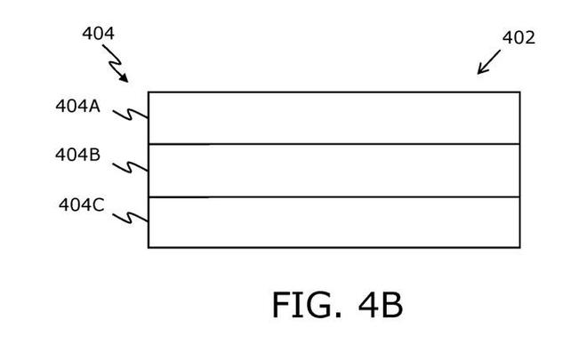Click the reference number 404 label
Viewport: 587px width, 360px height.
[x=98, y=33]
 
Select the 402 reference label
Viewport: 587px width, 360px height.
[x=519, y=37]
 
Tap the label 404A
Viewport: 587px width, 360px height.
[x=78, y=106]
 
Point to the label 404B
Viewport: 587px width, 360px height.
[x=78, y=155]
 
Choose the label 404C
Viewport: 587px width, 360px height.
[x=81, y=204]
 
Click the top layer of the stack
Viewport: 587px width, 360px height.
[x=334, y=118]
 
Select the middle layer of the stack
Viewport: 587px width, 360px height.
[x=334, y=171]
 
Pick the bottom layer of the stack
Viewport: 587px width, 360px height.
[x=334, y=222]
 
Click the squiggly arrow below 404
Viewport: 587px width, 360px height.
[x=116, y=63]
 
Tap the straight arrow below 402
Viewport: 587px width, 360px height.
[x=488, y=62]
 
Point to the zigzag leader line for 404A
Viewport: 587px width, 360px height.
[x=130, y=115]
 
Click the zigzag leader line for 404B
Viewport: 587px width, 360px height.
[x=130, y=167]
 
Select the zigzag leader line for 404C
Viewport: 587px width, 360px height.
[x=130, y=218]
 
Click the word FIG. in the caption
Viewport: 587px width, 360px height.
[x=307, y=305]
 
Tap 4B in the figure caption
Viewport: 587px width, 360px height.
[x=381, y=305]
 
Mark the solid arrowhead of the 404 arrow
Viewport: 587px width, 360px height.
[x=124, y=77]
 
